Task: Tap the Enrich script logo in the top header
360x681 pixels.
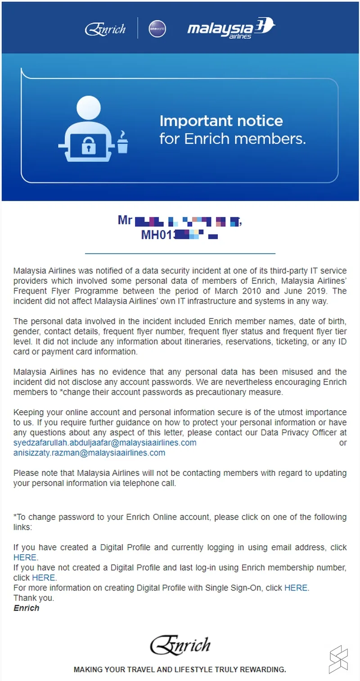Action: click(105, 29)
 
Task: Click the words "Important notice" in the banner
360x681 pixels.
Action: click(221, 121)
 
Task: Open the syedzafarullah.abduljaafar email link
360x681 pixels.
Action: click(105, 443)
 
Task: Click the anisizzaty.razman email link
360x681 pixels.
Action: click(89, 453)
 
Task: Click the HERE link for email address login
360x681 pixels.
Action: click(25, 558)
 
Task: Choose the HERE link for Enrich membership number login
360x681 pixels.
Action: click(43, 578)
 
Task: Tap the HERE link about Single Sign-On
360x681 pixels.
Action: click(296, 587)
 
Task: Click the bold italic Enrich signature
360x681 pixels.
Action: click(26, 608)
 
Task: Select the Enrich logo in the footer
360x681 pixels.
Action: click(180, 645)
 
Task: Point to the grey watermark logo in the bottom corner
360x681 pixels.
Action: click(338, 659)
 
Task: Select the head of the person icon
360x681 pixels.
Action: click(89, 108)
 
